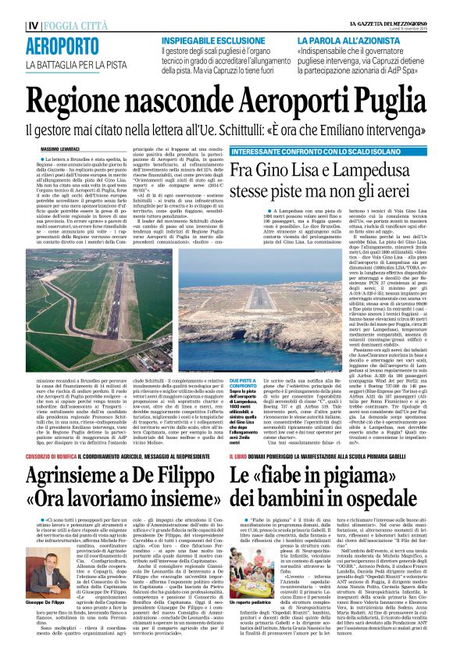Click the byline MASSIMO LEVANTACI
62,148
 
